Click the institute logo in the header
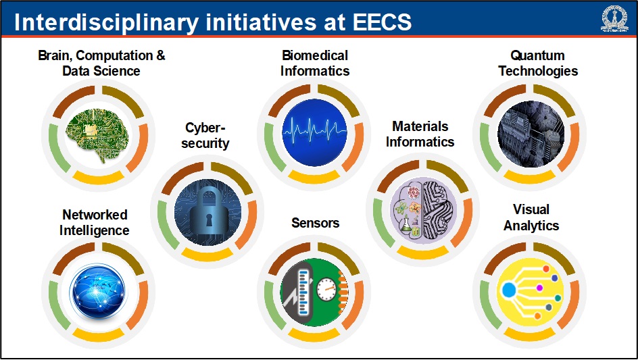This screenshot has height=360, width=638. click(x=614, y=19)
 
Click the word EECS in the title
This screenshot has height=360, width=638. click(x=382, y=22)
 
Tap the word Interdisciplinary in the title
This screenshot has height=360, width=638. click(x=106, y=23)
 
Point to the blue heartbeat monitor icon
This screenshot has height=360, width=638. click(x=314, y=132)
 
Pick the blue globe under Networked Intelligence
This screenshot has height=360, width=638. click(x=97, y=291)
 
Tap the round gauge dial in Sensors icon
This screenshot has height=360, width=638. click(x=326, y=289)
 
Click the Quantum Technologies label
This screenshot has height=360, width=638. click(x=538, y=63)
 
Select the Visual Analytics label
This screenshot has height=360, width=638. click(x=531, y=217)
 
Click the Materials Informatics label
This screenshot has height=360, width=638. click(x=420, y=134)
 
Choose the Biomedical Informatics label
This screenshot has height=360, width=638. click(x=314, y=63)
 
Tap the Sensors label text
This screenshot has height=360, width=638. click(x=316, y=223)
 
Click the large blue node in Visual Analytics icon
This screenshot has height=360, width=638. click(x=508, y=290)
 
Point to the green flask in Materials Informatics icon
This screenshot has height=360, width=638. click(x=406, y=224)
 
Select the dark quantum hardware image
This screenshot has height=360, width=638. click(x=530, y=134)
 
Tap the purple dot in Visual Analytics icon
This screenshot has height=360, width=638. click(x=539, y=288)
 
